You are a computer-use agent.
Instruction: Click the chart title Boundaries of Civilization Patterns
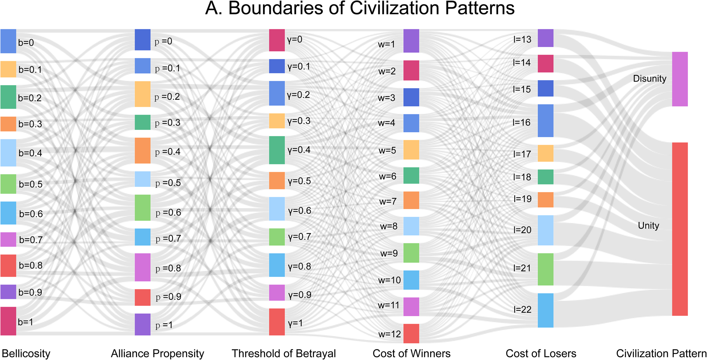[360, 8]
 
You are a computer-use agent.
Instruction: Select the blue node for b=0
[8, 41]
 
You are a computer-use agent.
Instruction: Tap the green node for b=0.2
[8, 97]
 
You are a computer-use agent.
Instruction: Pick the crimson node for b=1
[8, 321]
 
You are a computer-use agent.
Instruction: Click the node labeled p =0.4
[142, 151]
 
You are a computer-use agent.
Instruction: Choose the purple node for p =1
[142, 324]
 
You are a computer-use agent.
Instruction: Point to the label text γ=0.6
[299, 211]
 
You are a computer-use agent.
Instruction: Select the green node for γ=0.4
[277, 150]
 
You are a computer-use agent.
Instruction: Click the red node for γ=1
[277, 322]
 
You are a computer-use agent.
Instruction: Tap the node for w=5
[411, 150]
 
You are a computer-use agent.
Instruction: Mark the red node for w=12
[411, 333]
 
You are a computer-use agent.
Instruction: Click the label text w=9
[389, 253]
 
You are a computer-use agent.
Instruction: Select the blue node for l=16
[545, 121]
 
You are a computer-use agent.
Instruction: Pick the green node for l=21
[545, 269]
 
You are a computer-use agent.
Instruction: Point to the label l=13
[522, 39]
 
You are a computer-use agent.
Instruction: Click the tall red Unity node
[680, 229]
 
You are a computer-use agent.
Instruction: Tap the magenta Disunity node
[680, 79]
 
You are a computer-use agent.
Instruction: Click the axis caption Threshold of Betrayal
[284, 353]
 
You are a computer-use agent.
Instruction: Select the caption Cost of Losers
[541, 353]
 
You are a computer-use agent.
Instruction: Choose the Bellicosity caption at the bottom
[26, 353]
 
